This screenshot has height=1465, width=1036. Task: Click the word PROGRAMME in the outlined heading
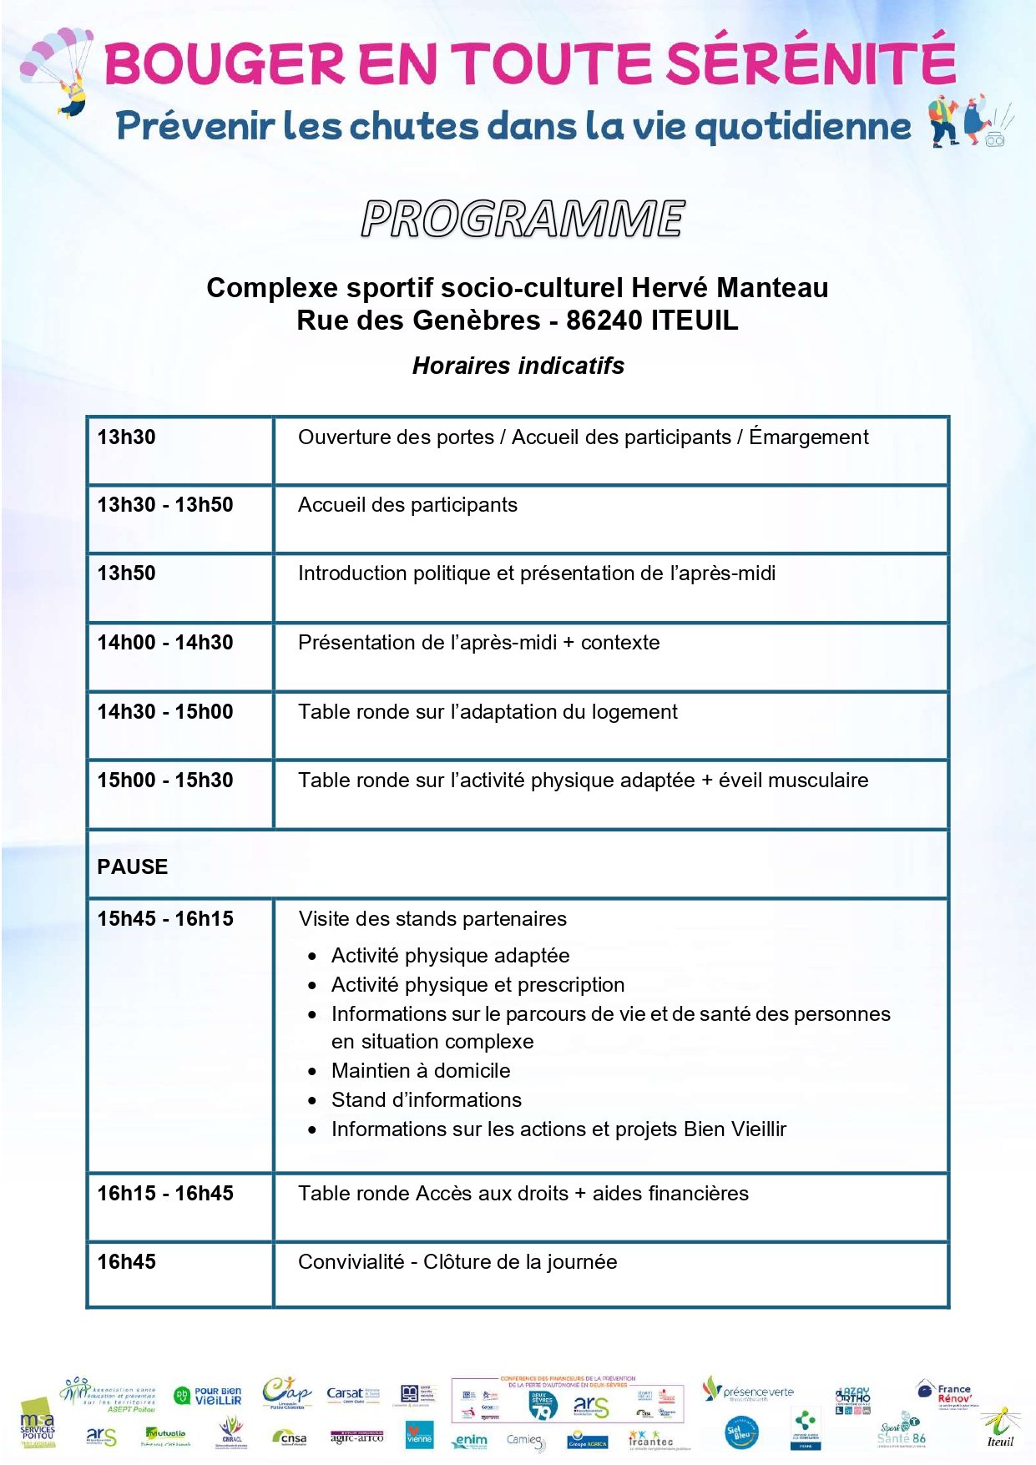[523, 220]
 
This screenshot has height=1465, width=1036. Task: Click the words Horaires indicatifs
[518, 366]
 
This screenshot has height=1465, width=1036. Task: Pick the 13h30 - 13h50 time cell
[165, 505]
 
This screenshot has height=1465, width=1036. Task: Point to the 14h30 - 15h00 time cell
[165, 712]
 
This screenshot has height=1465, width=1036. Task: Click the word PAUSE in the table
[133, 867]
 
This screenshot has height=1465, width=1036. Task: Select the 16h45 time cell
[127, 1262]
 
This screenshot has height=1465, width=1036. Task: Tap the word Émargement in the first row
[808, 437]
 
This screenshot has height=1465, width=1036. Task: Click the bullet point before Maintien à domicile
[312, 1072]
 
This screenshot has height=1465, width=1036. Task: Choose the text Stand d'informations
[426, 1100]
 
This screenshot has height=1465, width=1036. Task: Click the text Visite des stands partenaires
[432, 919]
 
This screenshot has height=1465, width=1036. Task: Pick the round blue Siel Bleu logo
[741, 1434]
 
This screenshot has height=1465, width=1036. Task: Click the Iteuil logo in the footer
[1000, 1429]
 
